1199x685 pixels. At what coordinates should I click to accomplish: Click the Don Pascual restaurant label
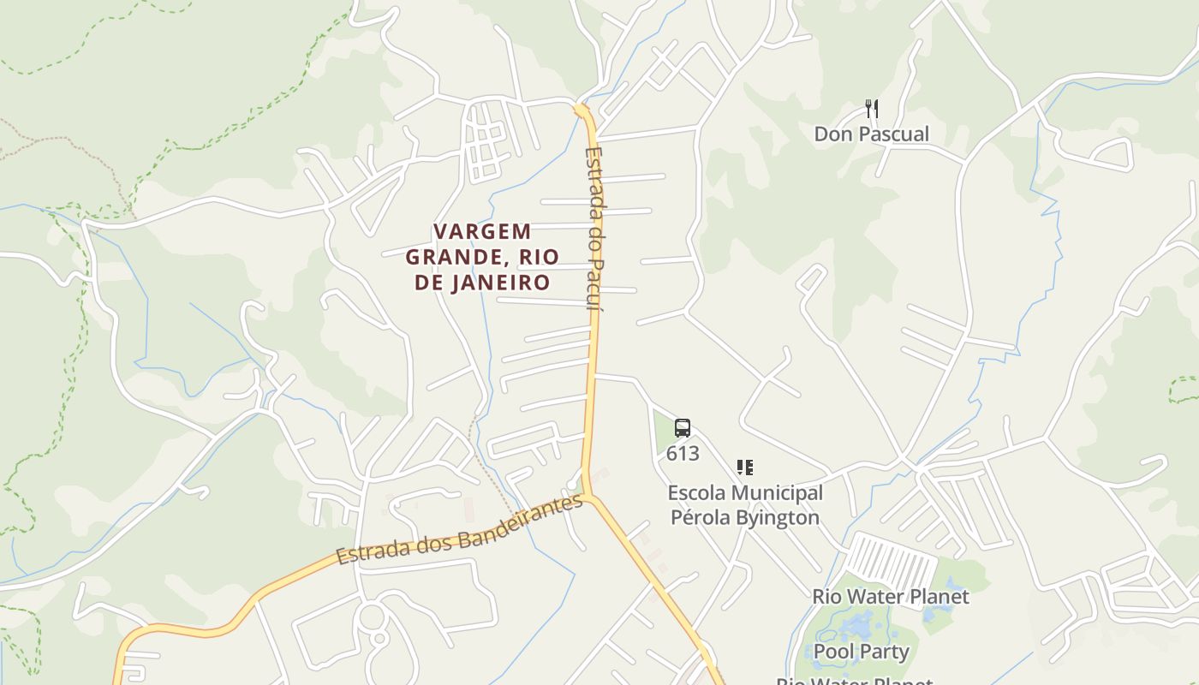(871, 134)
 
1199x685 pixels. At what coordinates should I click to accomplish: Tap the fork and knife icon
(872, 109)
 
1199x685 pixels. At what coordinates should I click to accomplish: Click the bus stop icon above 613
(682, 428)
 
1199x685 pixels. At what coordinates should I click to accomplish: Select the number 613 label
(683, 454)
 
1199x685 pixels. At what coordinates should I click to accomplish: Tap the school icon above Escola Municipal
(745, 468)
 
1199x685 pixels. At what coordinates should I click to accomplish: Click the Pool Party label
(861, 652)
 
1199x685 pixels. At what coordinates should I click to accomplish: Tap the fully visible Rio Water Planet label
(891, 597)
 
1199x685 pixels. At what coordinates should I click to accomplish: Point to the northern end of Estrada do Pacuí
(582, 110)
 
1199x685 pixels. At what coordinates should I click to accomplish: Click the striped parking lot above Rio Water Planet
(891, 562)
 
